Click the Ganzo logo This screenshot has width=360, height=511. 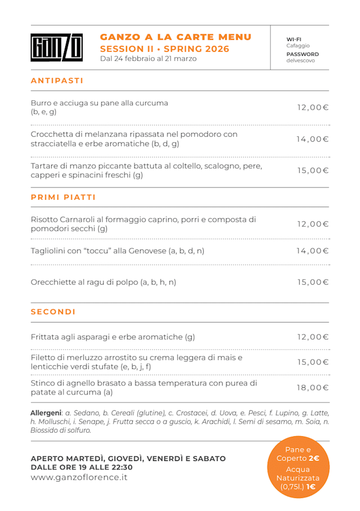coord(56,48)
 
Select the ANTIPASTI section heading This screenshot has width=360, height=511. coord(57,80)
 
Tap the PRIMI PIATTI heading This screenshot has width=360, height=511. coord(63,198)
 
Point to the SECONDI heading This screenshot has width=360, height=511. coord(53,312)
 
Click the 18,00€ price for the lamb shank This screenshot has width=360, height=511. coord(313,387)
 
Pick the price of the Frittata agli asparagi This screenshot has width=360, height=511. coord(313,337)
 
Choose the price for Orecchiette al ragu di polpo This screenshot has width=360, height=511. coord(313,282)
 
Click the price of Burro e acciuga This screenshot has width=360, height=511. coord(313,107)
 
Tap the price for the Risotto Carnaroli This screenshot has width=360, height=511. coord(313,224)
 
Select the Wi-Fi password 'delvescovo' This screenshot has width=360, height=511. coord(300,60)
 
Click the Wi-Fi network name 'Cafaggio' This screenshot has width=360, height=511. coord(298,46)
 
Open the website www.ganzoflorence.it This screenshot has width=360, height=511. coord(79,477)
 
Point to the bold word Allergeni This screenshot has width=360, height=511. coord(46,413)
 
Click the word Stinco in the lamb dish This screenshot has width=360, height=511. coord(43,383)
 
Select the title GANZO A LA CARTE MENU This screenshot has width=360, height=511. coord(175,37)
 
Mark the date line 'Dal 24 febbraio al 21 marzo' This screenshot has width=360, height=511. coord(148,59)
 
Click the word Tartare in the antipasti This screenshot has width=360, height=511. coord(46,165)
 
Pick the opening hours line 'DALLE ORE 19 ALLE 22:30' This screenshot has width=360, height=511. coord(82,467)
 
